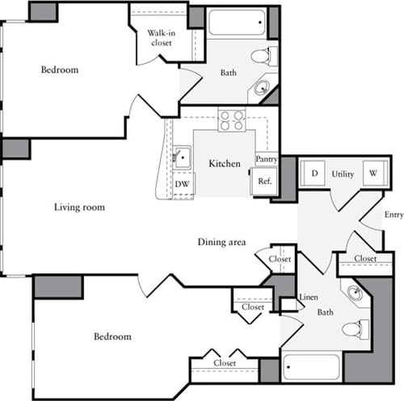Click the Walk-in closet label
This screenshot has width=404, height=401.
(161, 38)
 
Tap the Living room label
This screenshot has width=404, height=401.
(79, 207)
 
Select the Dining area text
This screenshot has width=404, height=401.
(221, 242)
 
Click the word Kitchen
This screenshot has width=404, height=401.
(224, 164)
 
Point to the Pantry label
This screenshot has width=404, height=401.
(267, 160)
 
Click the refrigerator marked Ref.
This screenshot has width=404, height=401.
(264, 182)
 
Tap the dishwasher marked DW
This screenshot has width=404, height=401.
(183, 183)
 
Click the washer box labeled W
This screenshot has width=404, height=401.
(373, 173)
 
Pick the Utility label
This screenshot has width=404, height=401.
(343, 173)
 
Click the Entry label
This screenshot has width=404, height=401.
(393, 215)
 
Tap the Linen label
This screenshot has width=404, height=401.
(308, 298)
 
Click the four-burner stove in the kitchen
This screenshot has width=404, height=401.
(232, 120)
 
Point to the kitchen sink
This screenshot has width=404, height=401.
(182, 157)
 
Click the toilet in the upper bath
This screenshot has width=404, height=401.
(261, 56)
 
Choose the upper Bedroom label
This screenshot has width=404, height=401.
(60, 69)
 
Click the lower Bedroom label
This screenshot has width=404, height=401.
(112, 336)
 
